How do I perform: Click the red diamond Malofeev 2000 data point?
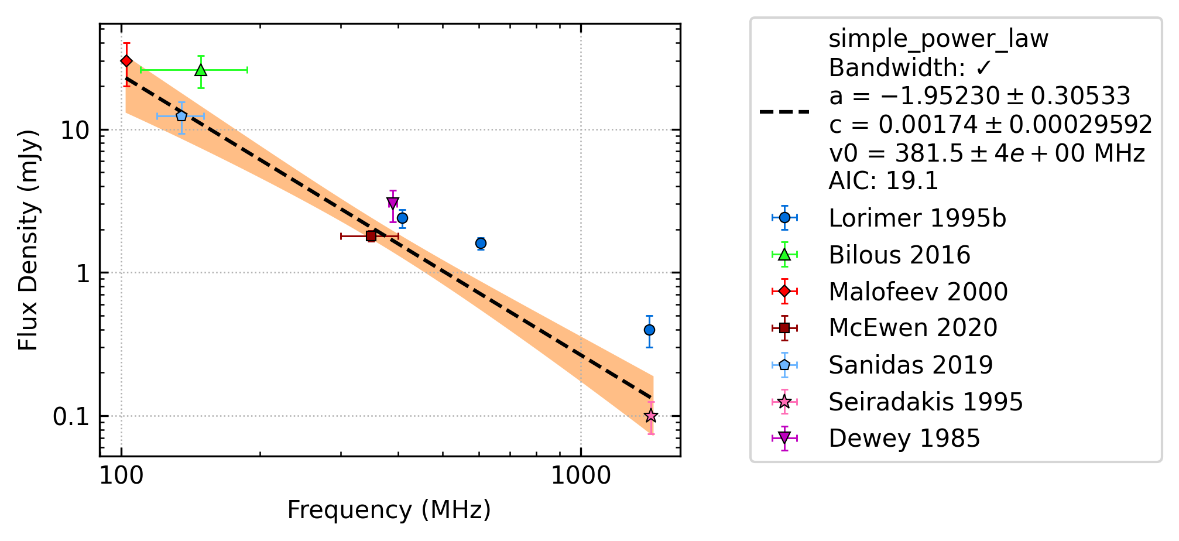click(126, 61)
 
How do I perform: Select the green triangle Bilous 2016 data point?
click(201, 70)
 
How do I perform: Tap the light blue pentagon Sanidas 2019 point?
click(181, 116)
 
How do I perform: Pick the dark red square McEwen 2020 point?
click(371, 236)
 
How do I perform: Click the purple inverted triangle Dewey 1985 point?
click(393, 203)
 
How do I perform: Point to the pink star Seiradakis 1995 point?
click(651, 416)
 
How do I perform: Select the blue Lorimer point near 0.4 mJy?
click(649, 330)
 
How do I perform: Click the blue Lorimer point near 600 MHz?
click(481, 243)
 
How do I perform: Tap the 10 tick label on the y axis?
click(75, 130)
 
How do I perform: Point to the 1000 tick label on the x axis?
click(581, 475)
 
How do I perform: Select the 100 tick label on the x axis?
click(121, 475)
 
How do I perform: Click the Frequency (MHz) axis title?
click(389, 510)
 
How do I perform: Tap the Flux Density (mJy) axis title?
click(28, 240)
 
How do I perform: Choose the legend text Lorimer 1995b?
click(917, 218)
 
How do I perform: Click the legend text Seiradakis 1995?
click(926, 402)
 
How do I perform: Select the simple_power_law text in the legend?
click(938, 39)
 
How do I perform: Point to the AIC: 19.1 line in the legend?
click(883, 181)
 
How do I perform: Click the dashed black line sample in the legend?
click(784, 111)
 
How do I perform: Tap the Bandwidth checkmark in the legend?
click(983, 69)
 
